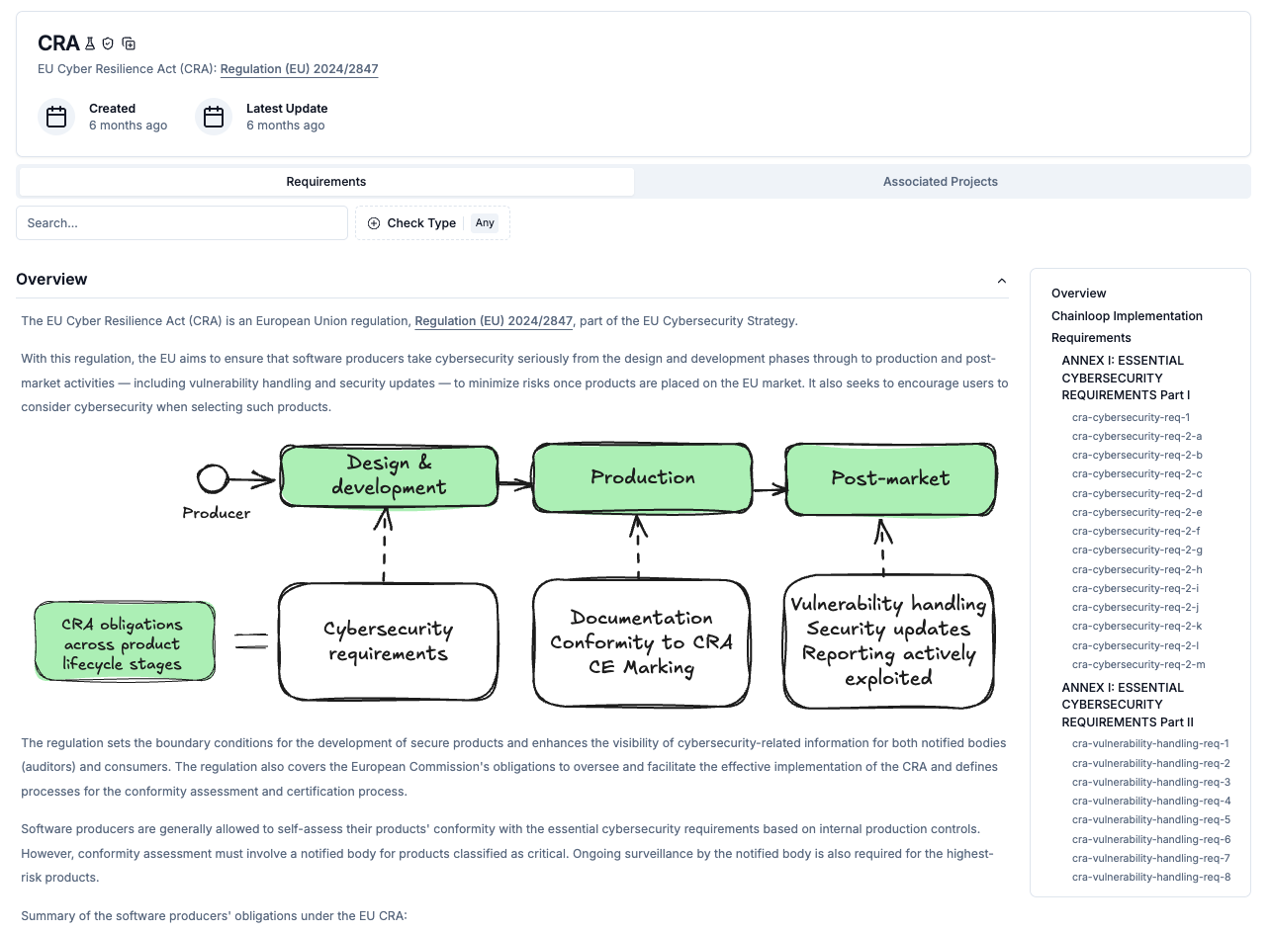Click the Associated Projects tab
(x=940, y=182)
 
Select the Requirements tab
(x=326, y=182)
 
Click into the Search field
(x=182, y=223)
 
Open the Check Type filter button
(x=432, y=223)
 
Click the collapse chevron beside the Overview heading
(x=1002, y=281)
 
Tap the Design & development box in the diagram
(x=389, y=476)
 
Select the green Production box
(x=643, y=478)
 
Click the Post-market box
(x=890, y=479)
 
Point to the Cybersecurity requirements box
(x=389, y=641)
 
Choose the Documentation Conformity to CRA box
(x=641, y=643)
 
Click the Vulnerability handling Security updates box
(x=888, y=641)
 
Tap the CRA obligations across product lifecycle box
(x=124, y=642)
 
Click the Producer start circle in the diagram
(x=212, y=479)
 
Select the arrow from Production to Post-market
(x=769, y=488)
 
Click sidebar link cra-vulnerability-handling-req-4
(x=1151, y=802)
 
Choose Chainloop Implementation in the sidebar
(x=1127, y=316)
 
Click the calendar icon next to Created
(x=56, y=117)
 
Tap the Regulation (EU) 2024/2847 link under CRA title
(x=299, y=69)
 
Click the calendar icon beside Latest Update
(x=214, y=117)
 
